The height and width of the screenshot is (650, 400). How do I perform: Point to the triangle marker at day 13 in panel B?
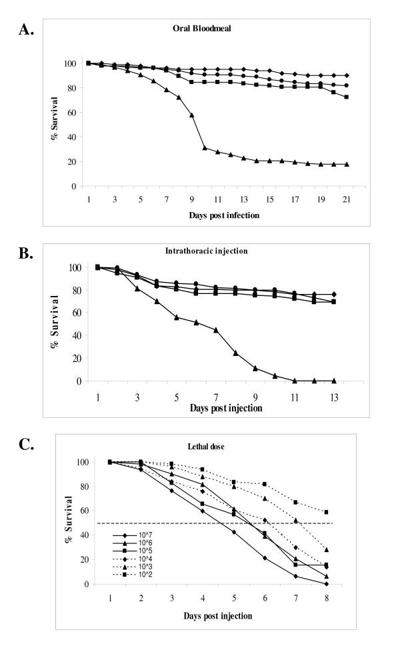point(333,381)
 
